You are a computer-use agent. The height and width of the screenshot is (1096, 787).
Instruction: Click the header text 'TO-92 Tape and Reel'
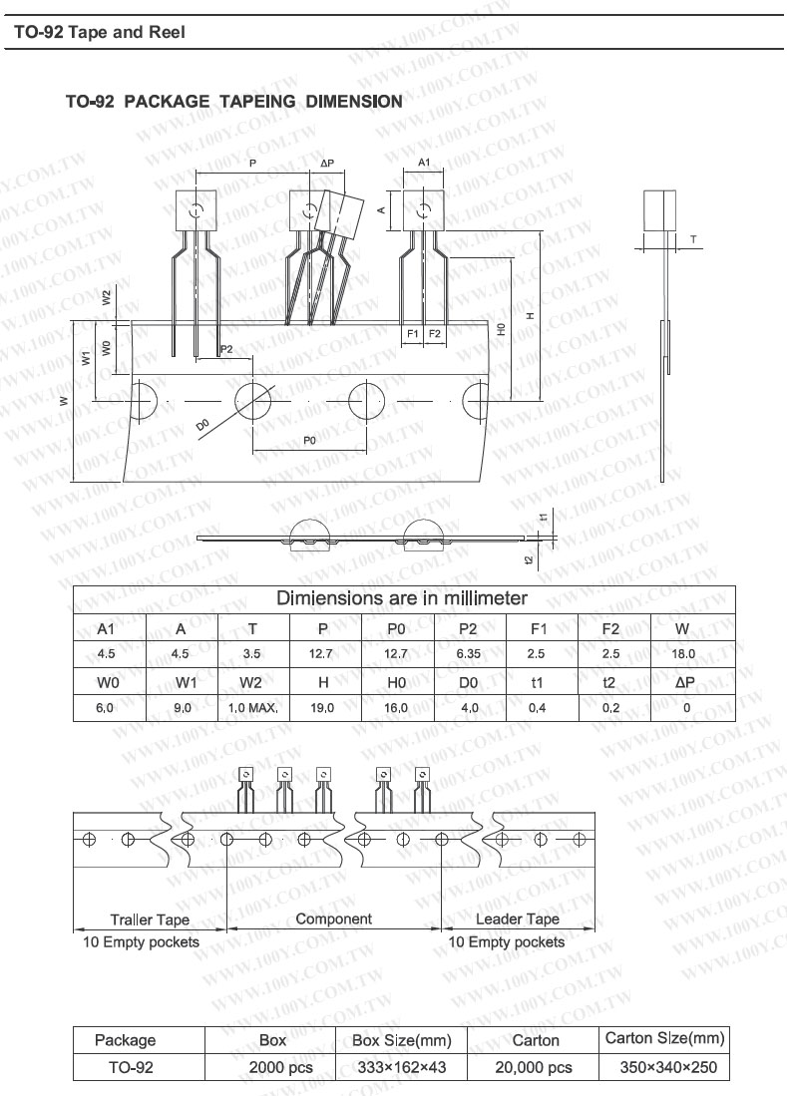point(100,32)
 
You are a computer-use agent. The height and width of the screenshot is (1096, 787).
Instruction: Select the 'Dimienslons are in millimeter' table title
point(401,598)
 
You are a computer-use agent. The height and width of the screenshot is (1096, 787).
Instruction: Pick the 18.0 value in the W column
point(683,654)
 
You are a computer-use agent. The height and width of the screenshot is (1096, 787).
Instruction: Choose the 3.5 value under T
point(251,654)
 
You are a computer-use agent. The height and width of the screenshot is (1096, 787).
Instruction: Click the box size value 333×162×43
point(402,1067)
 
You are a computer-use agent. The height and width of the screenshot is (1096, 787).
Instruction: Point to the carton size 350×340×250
point(665,1067)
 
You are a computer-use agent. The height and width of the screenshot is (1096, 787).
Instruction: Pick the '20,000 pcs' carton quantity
point(535,1067)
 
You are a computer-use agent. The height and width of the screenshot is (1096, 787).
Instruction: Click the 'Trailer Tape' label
point(150,919)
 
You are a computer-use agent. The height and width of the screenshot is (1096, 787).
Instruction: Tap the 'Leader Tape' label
point(518,919)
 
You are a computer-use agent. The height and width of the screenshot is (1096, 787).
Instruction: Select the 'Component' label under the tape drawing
point(333,918)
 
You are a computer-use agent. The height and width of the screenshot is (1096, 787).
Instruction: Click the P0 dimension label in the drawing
point(309,440)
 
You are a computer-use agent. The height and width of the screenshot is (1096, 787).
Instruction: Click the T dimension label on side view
point(693,239)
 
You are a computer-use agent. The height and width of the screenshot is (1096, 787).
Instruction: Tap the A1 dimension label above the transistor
point(424,162)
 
